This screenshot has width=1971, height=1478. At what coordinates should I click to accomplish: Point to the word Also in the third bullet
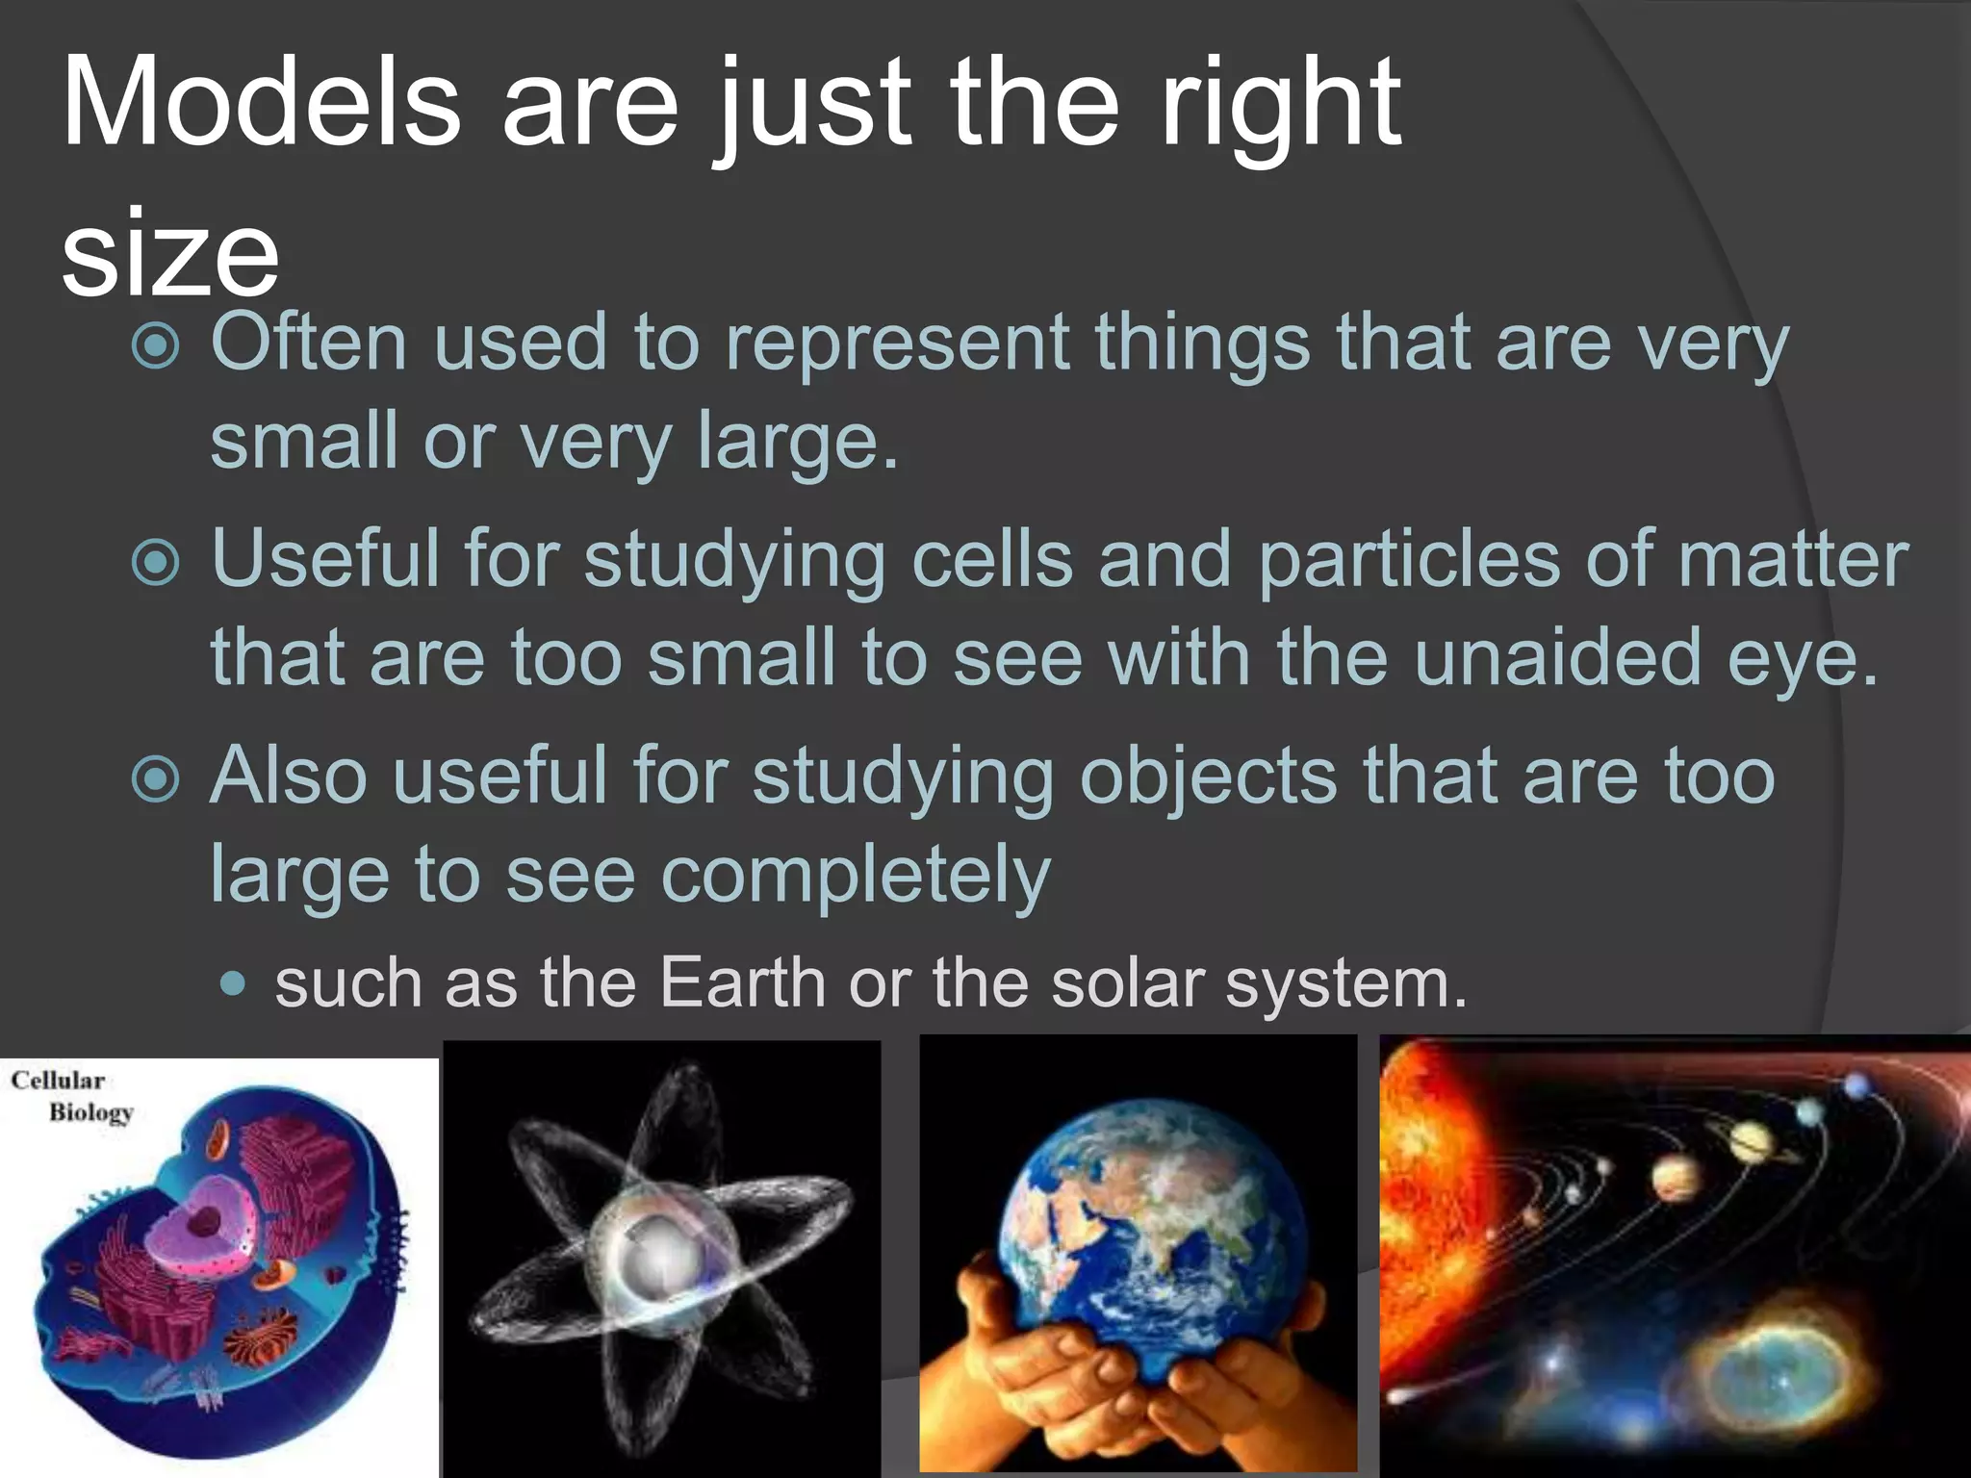[288, 776]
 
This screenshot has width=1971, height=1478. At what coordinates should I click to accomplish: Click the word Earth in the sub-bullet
[742, 983]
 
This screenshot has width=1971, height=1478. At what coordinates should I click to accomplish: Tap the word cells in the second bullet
[991, 559]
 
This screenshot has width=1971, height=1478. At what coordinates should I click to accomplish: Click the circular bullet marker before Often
[155, 345]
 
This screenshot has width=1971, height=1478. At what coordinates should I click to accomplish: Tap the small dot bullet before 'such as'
[233, 984]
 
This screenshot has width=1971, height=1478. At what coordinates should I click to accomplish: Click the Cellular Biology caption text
[72, 1096]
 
